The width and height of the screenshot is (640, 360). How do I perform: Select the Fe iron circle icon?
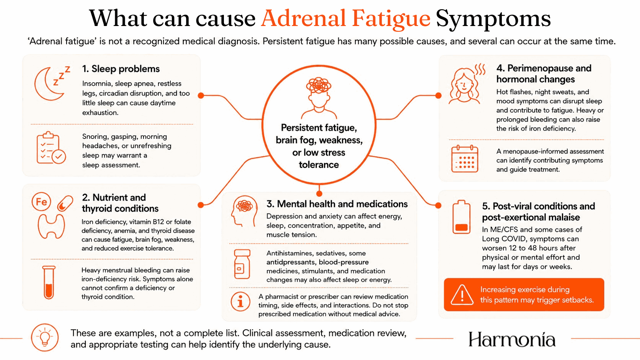pos(41,202)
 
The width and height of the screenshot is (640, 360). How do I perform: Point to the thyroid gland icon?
pos(51,226)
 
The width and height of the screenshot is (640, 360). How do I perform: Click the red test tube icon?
pos(49,282)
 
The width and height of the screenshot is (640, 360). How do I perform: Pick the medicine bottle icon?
pos(242,264)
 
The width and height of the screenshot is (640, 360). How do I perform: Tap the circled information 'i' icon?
pos(240,302)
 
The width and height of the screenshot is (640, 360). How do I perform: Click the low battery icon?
pos(461,217)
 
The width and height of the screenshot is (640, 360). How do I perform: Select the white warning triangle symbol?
pos(462,295)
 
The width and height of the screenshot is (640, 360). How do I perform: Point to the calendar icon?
pos(465,159)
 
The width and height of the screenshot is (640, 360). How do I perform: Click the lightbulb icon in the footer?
pos(45,337)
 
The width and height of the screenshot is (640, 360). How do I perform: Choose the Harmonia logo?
pos(512,339)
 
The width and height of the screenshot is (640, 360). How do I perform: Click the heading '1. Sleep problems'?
pos(121,69)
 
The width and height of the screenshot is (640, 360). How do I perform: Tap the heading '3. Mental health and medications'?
pos(337,204)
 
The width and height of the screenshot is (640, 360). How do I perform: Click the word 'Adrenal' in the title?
pos(303,18)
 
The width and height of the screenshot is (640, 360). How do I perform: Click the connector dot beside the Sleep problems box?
pos(201,95)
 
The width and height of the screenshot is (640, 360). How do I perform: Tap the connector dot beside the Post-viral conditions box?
pos(438,205)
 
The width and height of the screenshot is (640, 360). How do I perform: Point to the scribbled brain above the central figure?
pos(318,85)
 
